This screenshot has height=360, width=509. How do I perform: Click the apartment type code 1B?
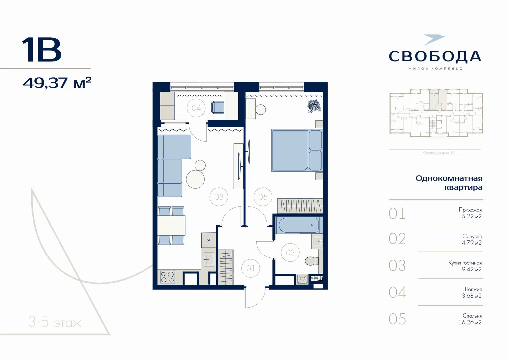pos(42,50)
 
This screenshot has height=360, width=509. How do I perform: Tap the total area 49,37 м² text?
pos(57,83)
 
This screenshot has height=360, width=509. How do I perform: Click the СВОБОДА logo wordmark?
pos(435,56)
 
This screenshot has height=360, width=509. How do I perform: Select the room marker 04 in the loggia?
pos(196,108)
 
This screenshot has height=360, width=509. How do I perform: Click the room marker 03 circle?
pos(219,197)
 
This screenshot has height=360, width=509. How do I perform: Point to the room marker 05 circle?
pos(263,197)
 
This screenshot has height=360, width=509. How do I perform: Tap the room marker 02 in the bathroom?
pos(290,253)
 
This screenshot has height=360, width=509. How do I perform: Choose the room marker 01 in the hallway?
pos(250,268)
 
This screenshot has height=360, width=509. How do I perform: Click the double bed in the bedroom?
pos(296,150)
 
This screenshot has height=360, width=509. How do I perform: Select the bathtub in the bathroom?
pos(299,225)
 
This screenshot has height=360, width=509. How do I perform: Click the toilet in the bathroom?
pos(312,261)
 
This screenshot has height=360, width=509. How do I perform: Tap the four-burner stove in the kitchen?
pos(167,277)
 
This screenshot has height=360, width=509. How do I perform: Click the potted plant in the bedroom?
pos(314,106)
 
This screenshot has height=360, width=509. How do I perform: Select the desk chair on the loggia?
pos(217,107)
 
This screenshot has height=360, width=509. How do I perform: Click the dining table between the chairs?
pos(171,225)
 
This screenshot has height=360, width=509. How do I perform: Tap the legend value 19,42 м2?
pos(470,269)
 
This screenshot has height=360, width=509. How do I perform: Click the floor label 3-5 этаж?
pos(55,323)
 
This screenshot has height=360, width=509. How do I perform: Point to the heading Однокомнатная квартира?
pos(449,183)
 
